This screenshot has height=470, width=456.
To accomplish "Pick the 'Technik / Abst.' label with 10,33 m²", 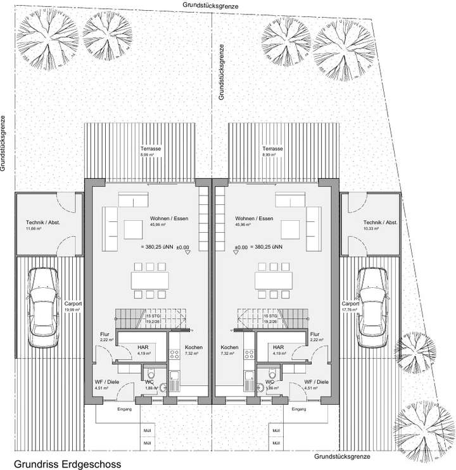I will pyautogui.click(x=380, y=223).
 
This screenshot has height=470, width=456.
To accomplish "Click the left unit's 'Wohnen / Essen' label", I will pyautogui.click(x=151, y=218).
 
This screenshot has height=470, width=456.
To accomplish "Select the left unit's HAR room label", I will pyautogui.click(x=143, y=347).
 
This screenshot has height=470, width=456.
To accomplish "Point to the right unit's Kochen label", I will pyautogui.click(x=229, y=348).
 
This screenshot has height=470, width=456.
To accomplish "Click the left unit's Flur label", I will pyautogui.click(x=105, y=335).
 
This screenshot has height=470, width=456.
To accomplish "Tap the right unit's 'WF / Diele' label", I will pyautogui.click(x=316, y=382).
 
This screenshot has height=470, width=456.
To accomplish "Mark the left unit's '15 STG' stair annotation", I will pyautogui.click(x=153, y=315).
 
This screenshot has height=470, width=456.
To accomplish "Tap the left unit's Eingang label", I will pyautogui.click(x=124, y=409).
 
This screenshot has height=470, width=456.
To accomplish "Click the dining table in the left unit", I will pyautogui.click(x=150, y=279).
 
